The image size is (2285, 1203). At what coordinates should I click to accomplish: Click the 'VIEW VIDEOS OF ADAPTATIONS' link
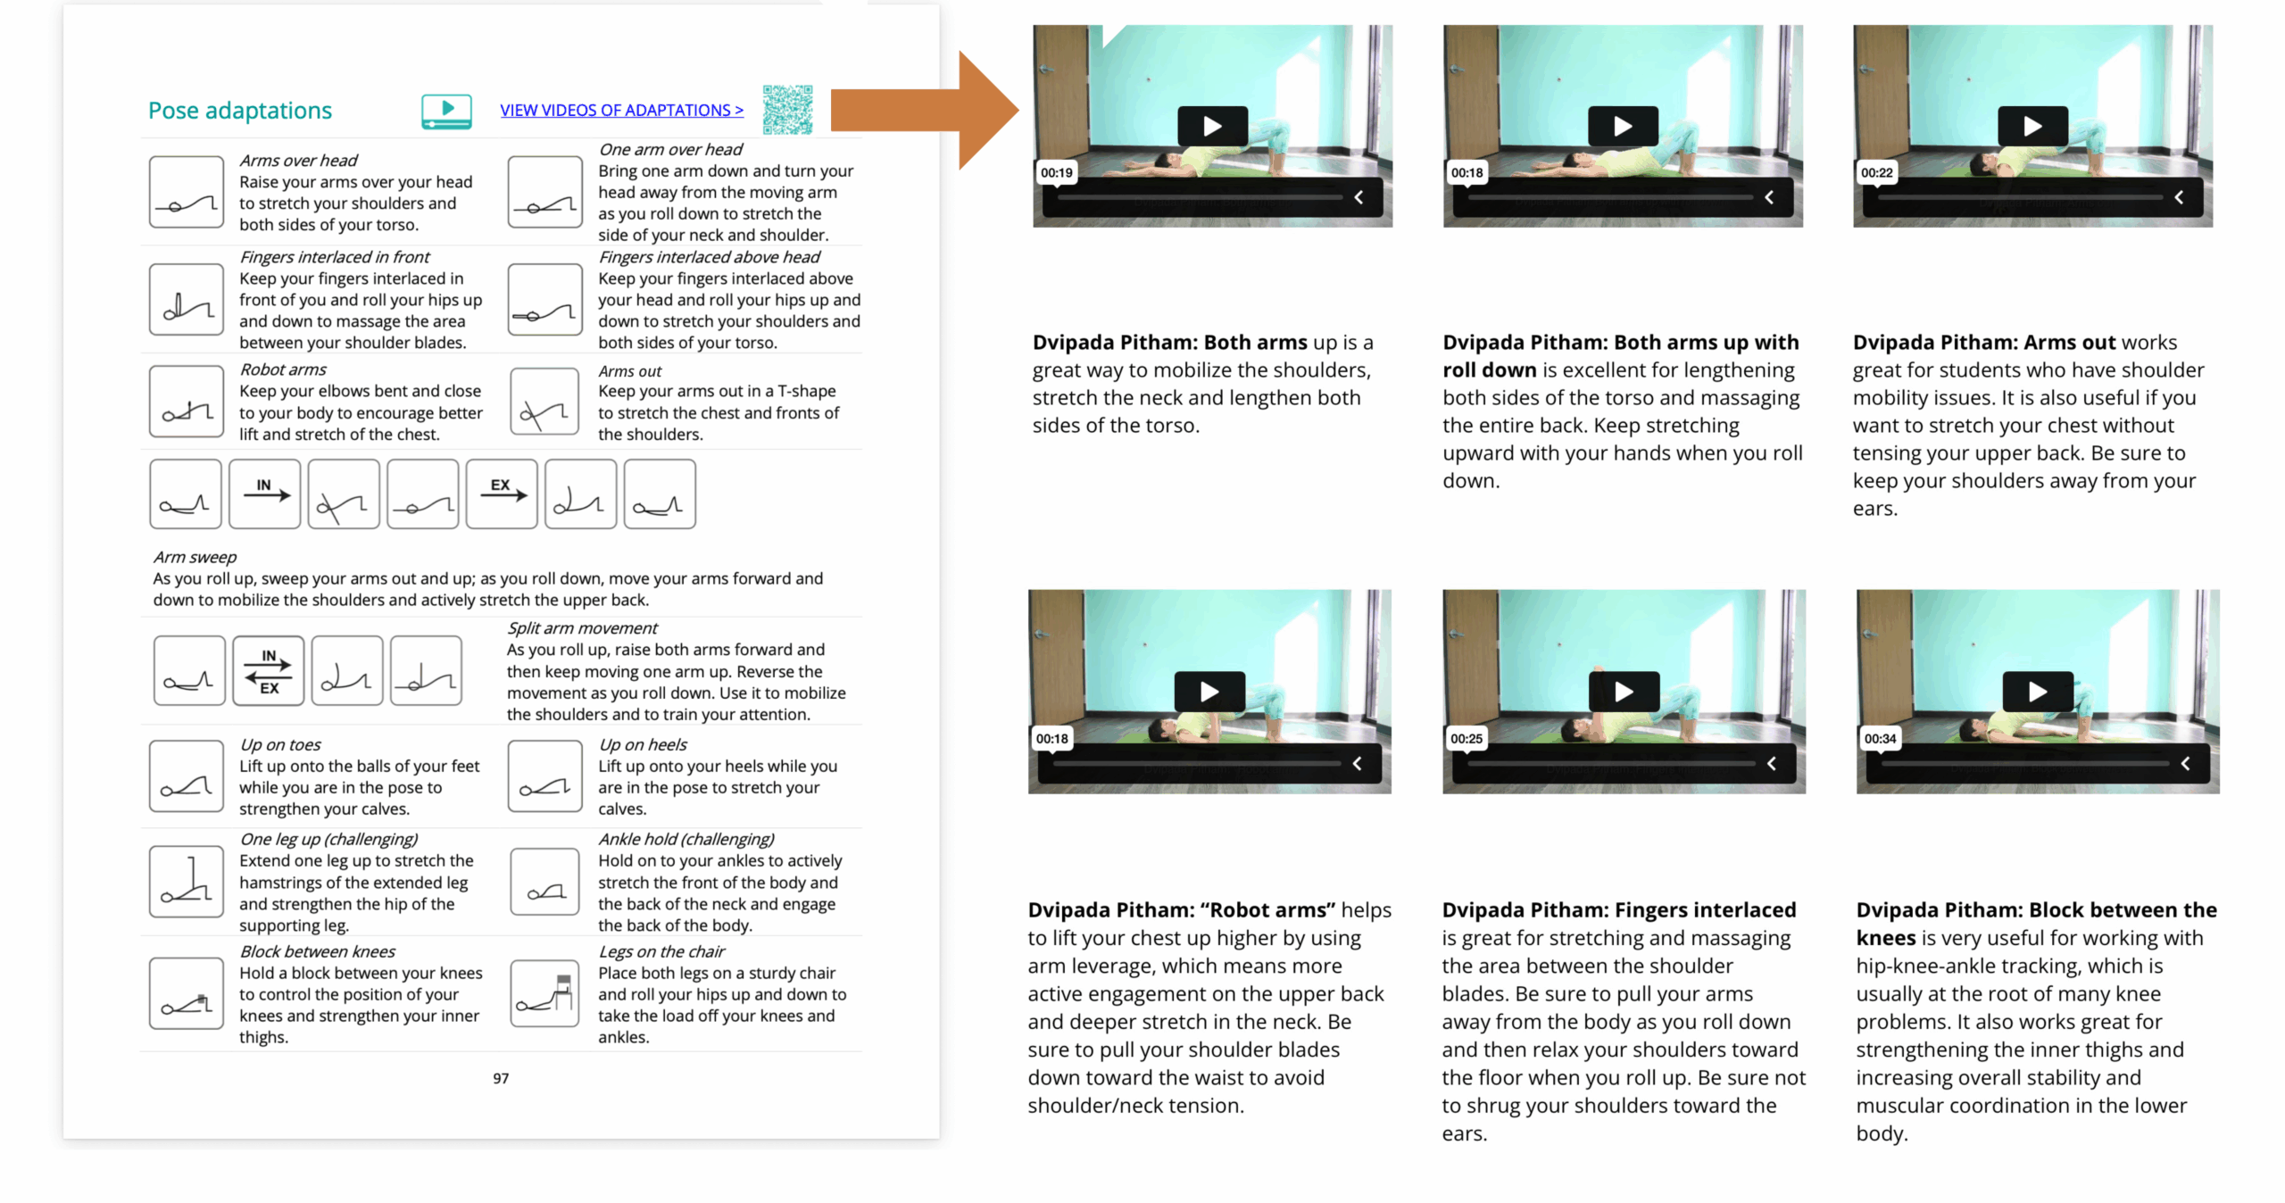tap(621, 110)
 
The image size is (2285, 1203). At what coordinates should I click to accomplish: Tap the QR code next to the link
tap(787, 110)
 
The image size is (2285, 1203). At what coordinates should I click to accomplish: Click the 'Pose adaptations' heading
tap(239, 110)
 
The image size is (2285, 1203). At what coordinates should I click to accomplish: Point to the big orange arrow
tap(924, 110)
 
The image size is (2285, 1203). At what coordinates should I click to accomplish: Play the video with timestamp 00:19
tap(1212, 126)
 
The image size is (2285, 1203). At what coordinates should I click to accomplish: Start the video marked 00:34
tap(2038, 691)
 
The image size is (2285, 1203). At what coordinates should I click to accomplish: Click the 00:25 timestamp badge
tap(1466, 738)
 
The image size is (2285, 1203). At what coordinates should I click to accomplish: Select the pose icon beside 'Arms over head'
tap(186, 192)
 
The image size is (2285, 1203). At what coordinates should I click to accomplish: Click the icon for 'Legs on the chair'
tap(544, 992)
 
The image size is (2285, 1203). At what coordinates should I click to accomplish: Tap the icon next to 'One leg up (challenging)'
tap(186, 881)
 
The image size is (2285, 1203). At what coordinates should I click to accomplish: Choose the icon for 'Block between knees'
tap(186, 992)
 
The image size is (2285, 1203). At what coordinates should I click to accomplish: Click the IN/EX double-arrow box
tap(268, 670)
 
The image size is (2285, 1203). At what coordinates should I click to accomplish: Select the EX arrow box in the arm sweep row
tap(502, 494)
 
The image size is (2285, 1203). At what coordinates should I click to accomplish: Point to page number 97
tap(501, 1078)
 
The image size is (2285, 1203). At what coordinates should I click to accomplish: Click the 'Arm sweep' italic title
tap(195, 557)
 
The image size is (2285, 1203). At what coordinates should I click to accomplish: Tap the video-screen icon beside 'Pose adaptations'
tap(446, 112)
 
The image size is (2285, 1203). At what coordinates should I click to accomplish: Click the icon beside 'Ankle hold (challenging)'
tap(544, 881)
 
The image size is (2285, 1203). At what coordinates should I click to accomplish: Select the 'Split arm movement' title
tap(582, 628)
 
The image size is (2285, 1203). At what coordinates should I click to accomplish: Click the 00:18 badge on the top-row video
tap(1467, 172)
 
